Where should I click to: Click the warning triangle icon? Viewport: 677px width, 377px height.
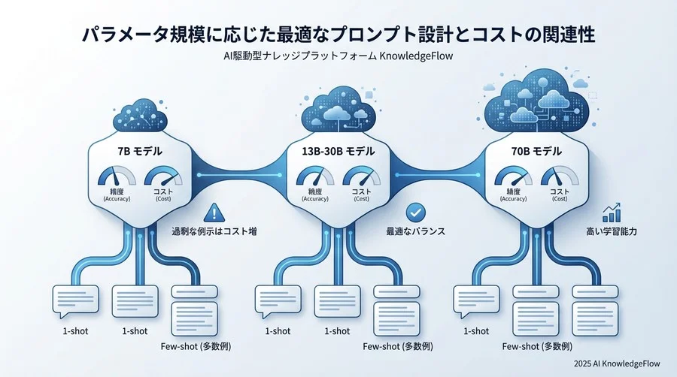[214, 213]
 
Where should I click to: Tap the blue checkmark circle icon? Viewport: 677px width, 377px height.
[416, 213]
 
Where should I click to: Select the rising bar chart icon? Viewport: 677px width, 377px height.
[612, 213]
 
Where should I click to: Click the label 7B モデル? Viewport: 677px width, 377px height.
[140, 151]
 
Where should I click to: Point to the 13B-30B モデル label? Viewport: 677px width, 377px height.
[338, 151]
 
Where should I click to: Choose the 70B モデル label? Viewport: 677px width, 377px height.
[536, 151]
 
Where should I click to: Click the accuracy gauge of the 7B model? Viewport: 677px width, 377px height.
[117, 176]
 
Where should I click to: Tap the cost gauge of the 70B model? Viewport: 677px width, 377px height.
[560, 176]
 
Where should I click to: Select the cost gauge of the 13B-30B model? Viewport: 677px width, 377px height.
[361, 176]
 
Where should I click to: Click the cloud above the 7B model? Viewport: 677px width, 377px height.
[140, 116]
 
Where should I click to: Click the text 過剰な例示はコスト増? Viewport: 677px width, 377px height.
[214, 231]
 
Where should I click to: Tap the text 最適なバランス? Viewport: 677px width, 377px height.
[415, 231]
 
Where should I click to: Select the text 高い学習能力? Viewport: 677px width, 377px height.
[612, 231]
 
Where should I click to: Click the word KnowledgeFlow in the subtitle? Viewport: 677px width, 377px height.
[416, 56]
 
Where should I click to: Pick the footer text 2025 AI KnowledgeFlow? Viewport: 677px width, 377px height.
[617, 363]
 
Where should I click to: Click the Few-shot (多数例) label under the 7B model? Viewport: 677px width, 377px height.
[196, 346]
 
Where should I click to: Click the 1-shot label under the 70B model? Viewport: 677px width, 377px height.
[476, 331]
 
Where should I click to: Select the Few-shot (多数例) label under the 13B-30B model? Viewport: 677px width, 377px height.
[398, 346]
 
